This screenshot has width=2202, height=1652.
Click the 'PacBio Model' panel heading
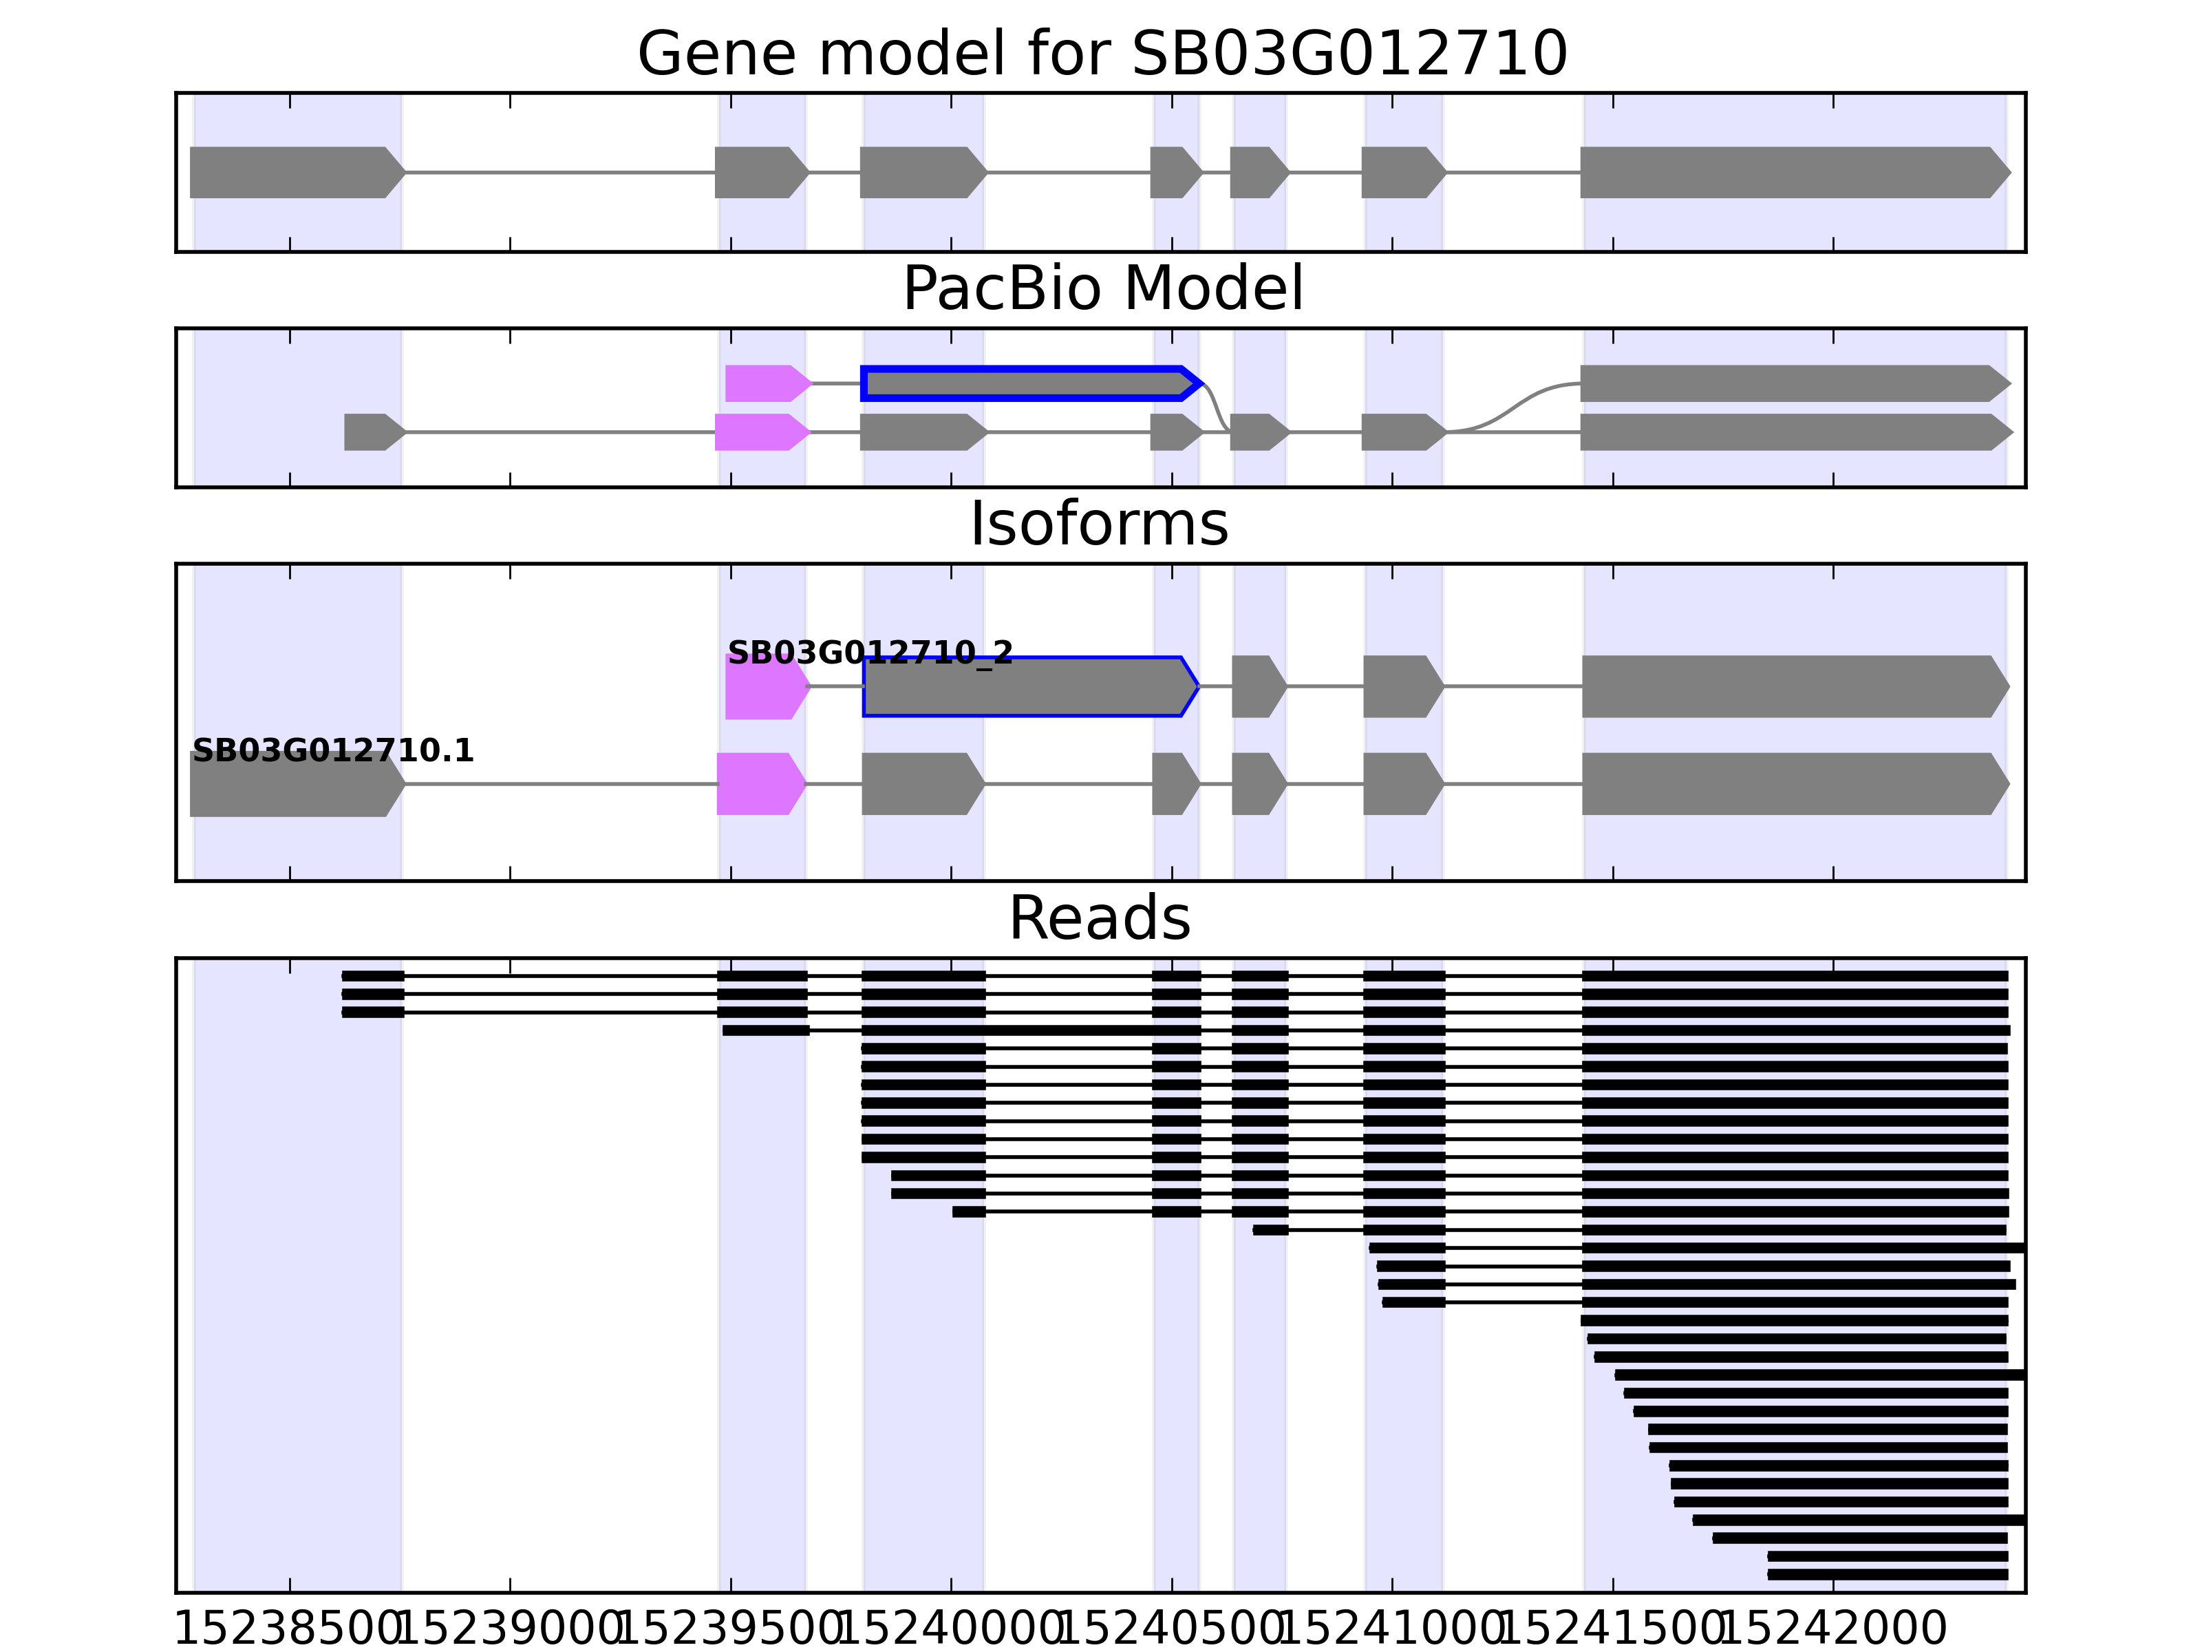tap(1101, 289)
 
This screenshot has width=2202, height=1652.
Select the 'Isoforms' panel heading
tap(1099, 524)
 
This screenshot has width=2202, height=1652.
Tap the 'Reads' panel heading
tap(1099, 918)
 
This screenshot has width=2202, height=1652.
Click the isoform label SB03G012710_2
tap(869, 653)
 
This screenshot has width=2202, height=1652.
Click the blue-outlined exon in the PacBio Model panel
tap(1025, 383)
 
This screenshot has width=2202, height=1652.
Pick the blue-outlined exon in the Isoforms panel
tap(1025, 686)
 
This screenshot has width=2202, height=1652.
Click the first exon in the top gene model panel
tap(294, 172)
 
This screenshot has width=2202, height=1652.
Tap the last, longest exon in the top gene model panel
tap(1792, 172)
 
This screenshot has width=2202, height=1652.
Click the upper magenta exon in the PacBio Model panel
tap(765, 383)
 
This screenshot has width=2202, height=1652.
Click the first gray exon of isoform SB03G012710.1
tap(294, 785)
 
